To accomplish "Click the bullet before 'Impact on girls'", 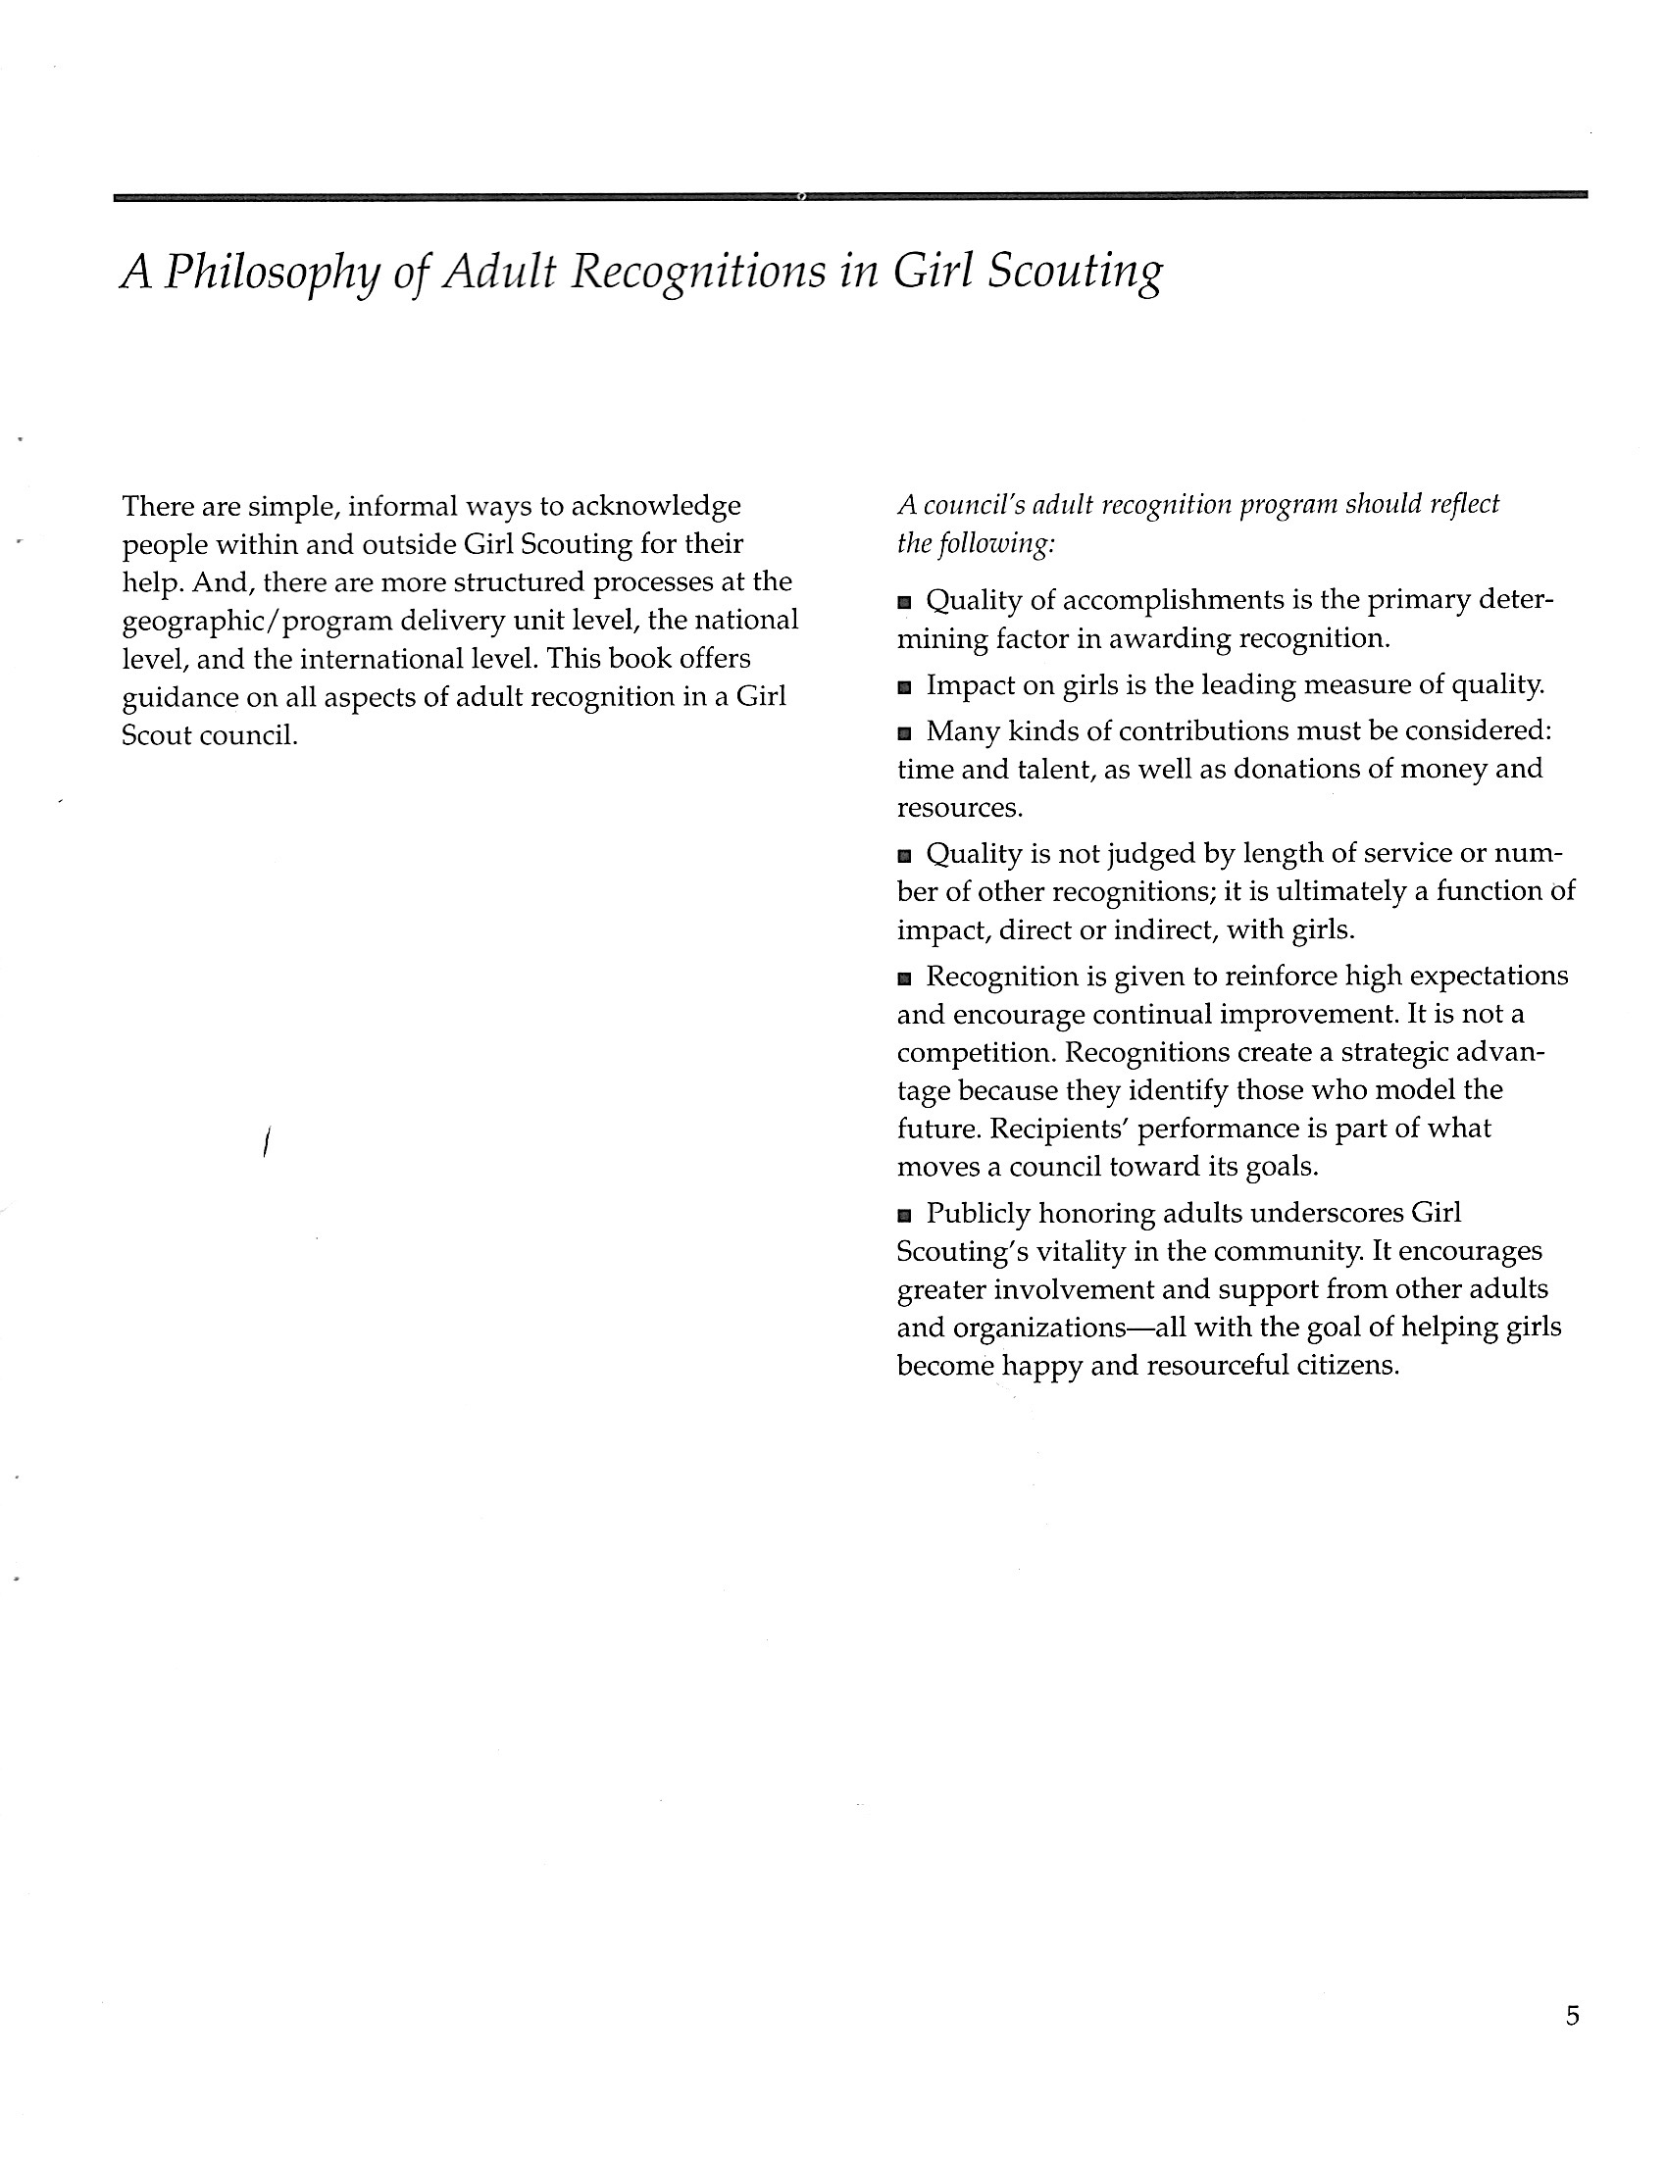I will tap(904, 687).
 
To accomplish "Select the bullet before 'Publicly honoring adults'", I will tap(904, 1216).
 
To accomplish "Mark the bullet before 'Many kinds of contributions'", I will tap(904, 733).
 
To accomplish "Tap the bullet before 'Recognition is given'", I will tap(904, 978).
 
